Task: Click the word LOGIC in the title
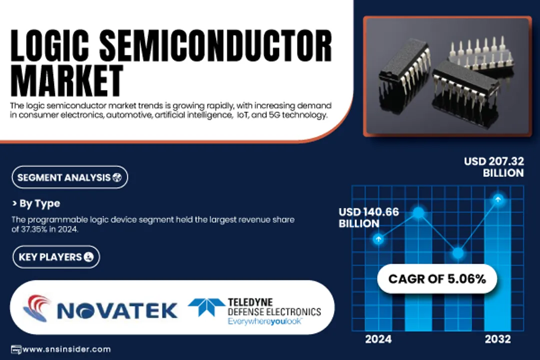[50, 46]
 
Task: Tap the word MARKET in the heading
[67, 81]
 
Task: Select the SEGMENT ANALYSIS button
[70, 177]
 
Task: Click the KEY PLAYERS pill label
[56, 257]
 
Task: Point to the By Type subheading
[36, 203]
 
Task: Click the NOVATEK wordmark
[117, 310]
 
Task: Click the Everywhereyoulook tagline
[264, 322]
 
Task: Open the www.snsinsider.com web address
[66, 349]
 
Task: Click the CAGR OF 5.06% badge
[437, 278]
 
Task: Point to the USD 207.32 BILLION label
[494, 167]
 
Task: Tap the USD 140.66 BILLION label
[368, 217]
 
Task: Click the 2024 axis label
[378, 339]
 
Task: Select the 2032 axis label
[497, 339]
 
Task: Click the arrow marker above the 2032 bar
[497, 199]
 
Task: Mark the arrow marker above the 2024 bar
[378, 239]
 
